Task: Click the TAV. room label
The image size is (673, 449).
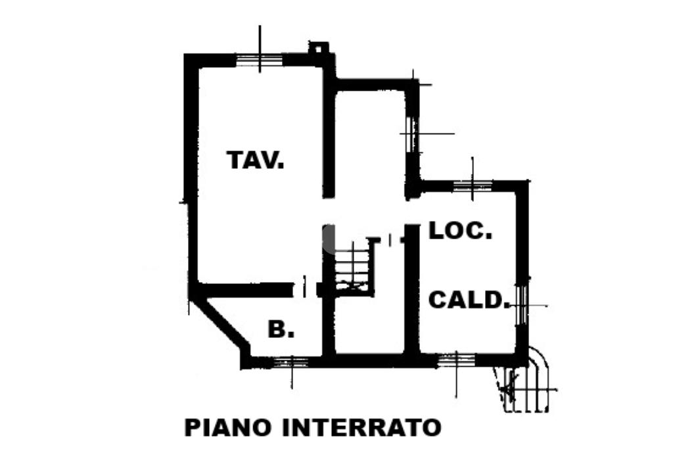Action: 255,160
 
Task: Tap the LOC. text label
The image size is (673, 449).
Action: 460,231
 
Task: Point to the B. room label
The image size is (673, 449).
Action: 281,329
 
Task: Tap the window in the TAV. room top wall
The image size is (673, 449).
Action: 259,60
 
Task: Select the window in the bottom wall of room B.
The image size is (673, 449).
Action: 291,361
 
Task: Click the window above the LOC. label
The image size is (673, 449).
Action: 473,185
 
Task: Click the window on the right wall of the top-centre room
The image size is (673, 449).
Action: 412,135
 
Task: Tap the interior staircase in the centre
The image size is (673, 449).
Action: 353,266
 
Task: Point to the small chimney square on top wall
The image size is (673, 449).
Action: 319,48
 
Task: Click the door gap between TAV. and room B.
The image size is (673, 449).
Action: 304,288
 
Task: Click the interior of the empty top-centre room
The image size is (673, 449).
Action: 369,141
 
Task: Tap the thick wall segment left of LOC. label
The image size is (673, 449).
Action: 411,289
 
